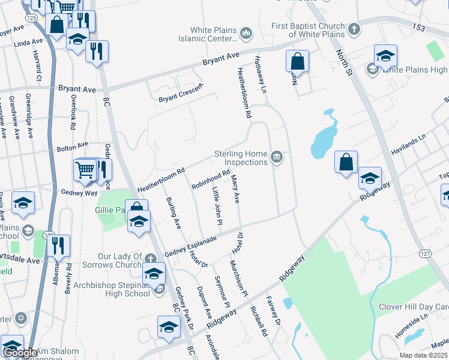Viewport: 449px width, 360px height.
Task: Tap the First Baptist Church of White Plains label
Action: click(x=309, y=30)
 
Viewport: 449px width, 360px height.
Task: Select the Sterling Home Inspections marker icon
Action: click(x=276, y=158)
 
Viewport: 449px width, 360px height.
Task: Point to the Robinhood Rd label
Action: click(x=211, y=179)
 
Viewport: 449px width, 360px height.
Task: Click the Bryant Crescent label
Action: click(x=181, y=93)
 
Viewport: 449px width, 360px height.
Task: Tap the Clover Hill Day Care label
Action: click(x=413, y=307)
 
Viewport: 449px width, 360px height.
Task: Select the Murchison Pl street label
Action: click(x=238, y=278)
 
